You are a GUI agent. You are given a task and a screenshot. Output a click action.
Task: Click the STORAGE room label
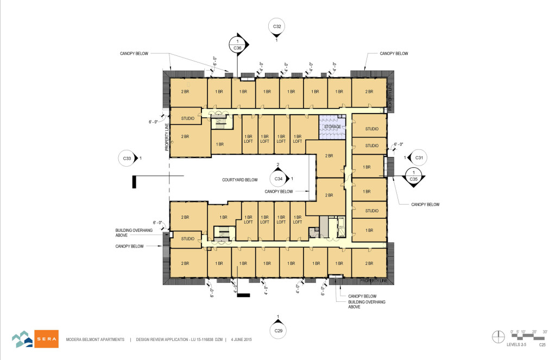click(332, 127)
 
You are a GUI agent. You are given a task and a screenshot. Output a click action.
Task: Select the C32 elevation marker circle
click(277, 26)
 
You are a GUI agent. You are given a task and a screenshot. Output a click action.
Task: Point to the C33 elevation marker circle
click(126, 158)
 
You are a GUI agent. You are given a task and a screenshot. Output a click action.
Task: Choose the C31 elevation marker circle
click(419, 157)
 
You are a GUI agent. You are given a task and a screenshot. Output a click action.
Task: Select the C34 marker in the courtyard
click(278, 178)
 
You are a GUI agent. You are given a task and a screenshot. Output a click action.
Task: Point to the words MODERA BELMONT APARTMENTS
click(96, 339)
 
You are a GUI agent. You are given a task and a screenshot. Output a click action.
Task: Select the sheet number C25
click(542, 344)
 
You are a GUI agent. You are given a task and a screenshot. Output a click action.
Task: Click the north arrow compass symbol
click(497, 336)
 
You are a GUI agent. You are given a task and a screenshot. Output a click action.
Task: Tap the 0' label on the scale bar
click(513, 331)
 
